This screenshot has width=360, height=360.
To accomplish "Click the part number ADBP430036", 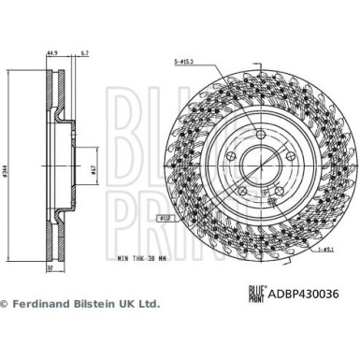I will point(315,292).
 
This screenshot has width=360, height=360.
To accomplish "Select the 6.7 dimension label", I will point(86,54).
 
